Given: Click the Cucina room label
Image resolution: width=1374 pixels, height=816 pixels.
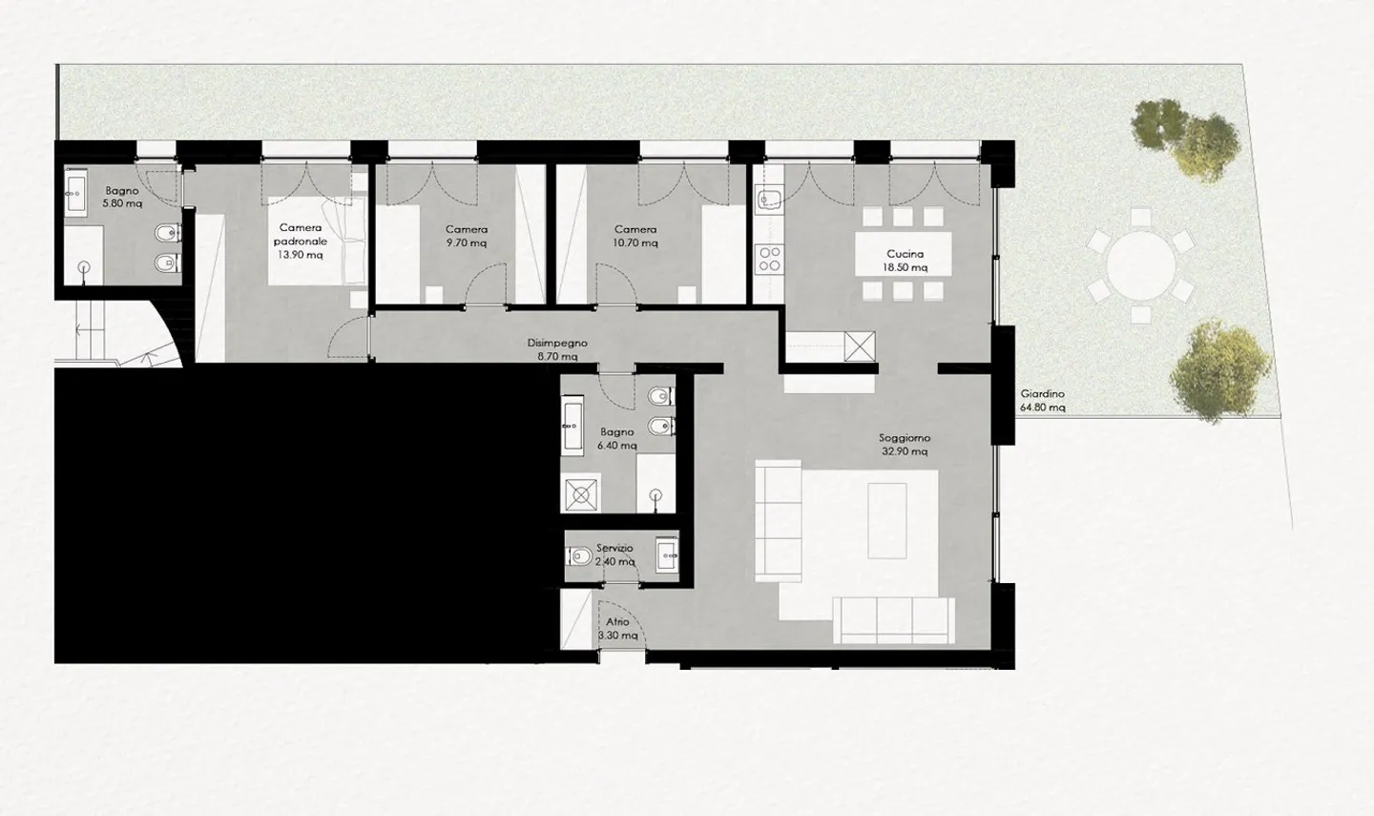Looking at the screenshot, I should [905, 261].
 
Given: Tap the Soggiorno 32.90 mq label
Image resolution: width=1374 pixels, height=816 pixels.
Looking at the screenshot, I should [904, 445].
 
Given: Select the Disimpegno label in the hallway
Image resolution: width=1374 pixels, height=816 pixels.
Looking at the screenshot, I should [557, 349].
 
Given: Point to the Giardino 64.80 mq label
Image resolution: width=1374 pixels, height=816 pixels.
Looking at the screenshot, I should [1042, 401].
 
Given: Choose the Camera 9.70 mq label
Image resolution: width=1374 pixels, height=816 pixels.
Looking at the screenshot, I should [467, 236].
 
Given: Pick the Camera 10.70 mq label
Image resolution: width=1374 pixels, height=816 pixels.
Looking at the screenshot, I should [635, 236].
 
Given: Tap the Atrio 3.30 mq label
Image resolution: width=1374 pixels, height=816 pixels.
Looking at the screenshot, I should [617, 628].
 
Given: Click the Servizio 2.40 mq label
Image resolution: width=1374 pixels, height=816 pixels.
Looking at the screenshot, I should [614, 554].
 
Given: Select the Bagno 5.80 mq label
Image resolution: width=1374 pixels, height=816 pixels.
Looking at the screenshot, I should [122, 198].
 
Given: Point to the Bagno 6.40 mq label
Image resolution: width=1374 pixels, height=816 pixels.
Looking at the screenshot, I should [617, 438].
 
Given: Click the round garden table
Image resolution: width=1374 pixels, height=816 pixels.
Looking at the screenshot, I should [1140, 261].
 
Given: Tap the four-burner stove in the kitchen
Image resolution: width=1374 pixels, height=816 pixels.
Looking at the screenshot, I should [769, 259].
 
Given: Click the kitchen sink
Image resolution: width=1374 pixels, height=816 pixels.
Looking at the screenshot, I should [768, 199].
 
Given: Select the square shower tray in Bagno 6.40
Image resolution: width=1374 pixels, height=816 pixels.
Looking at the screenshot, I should [580, 493].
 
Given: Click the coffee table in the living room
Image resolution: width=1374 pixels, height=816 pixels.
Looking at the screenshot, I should [886, 520].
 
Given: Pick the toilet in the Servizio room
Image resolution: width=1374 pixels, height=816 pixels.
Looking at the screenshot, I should [579, 554].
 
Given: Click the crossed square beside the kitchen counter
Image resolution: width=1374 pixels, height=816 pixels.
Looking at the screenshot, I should [860, 346].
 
